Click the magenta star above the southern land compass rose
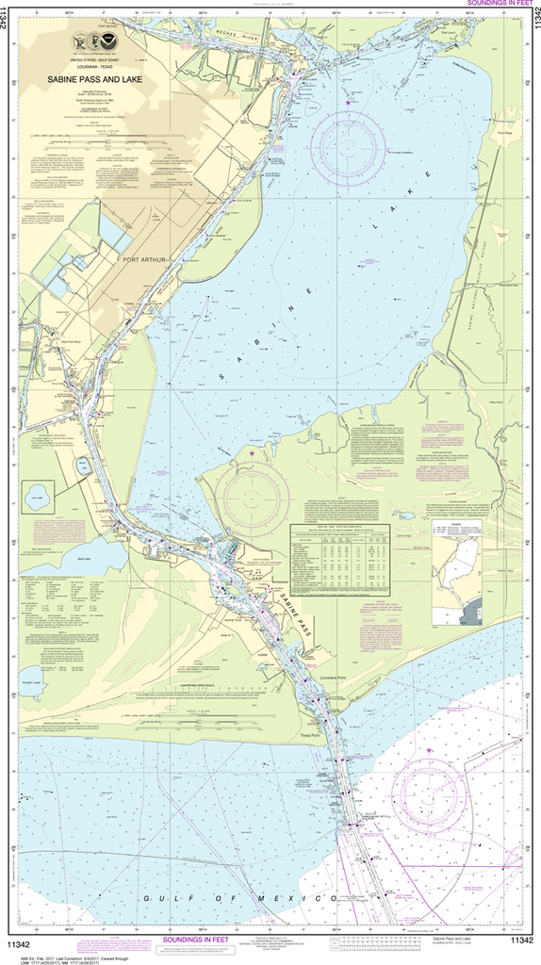pos(252,454)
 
